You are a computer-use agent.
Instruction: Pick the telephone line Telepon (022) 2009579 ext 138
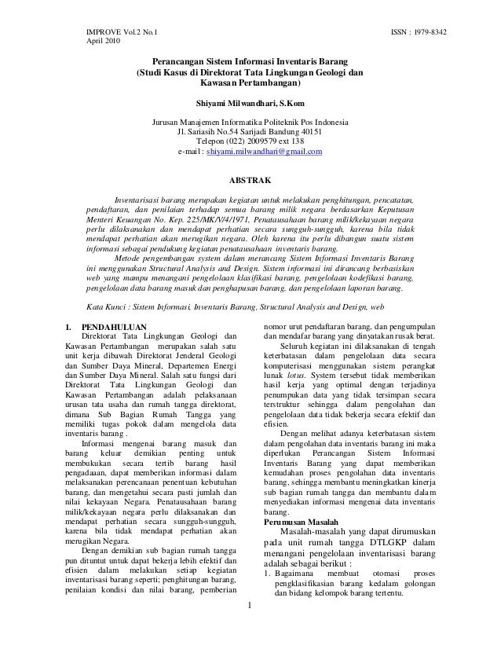pyautogui.click(x=251, y=141)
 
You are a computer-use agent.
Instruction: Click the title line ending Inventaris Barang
pyautogui.click(x=251, y=60)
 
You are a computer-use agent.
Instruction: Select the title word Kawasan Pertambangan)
pyautogui.click(x=251, y=82)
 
